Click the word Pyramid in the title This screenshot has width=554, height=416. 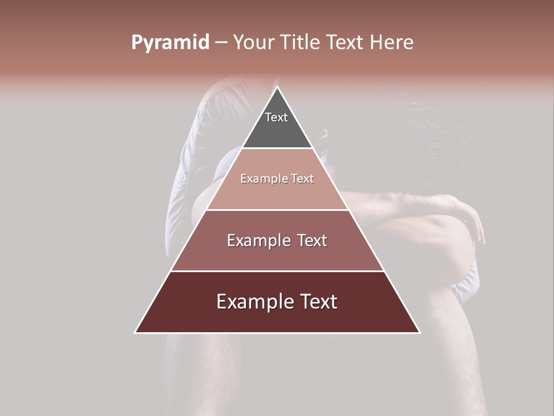[170, 43]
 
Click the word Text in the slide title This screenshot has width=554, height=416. [345, 42]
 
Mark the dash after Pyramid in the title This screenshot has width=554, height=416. [221, 43]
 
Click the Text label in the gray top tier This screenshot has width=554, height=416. [276, 117]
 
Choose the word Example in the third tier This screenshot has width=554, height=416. [254, 240]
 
